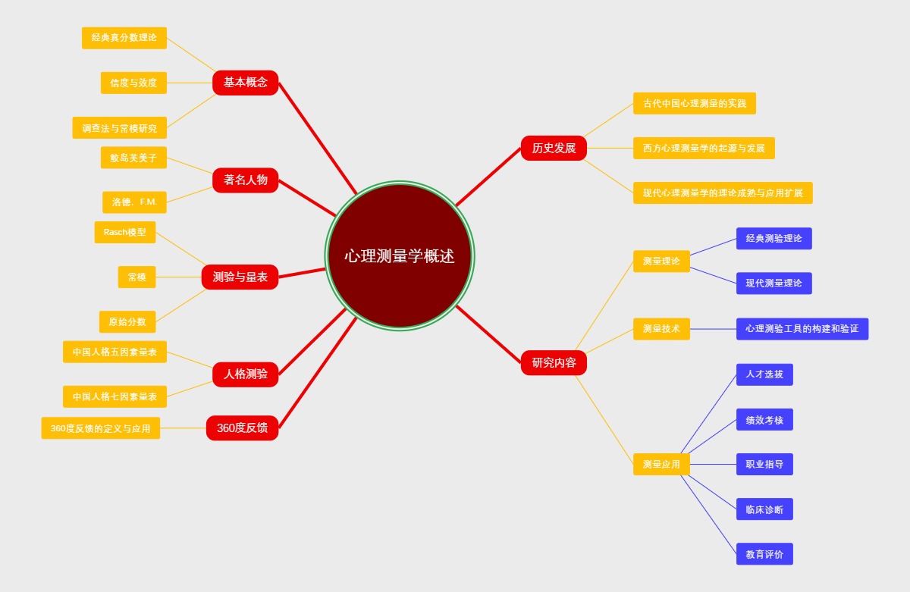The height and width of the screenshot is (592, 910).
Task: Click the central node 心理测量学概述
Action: pyautogui.click(x=400, y=255)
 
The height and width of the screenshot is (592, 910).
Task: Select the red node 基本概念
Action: pyautogui.click(x=245, y=83)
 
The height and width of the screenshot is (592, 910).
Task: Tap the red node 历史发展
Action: pyautogui.click(x=554, y=148)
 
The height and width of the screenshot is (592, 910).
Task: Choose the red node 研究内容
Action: pyautogui.click(x=554, y=362)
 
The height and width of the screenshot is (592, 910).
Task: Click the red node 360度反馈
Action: pyautogui.click(x=242, y=428)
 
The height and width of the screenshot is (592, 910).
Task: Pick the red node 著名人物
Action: pyautogui.click(x=245, y=180)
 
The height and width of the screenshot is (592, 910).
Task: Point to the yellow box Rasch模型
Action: pyautogui.click(x=124, y=232)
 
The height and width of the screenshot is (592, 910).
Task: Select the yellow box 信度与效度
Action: pyautogui.click(x=133, y=83)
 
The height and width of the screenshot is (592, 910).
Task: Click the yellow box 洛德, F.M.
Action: pyautogui.click(x=134, y=202)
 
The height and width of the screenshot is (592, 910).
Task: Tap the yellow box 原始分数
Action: pyautogui.click(x=127, y=321)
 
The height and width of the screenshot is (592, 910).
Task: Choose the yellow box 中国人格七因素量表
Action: pyautogui.click(x=115, y=396)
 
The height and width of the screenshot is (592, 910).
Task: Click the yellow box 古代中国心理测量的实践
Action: pyautogui.click(x=694, y=103)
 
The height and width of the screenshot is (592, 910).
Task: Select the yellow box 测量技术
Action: pyautogui.click(x=661, y=328)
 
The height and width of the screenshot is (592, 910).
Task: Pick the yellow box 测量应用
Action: pyautogui.click(x=661, y=464)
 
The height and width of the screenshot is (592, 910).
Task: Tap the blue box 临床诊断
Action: pyautogui.click(x=764, y=509)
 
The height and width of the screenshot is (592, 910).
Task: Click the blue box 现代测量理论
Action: pyautogui.click(x=773, y=283)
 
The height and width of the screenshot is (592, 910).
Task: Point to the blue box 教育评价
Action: pyautogui.click(x=764, y=554)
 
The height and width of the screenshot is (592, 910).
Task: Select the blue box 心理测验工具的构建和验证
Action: pyautogui.click(x=802, y=328)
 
